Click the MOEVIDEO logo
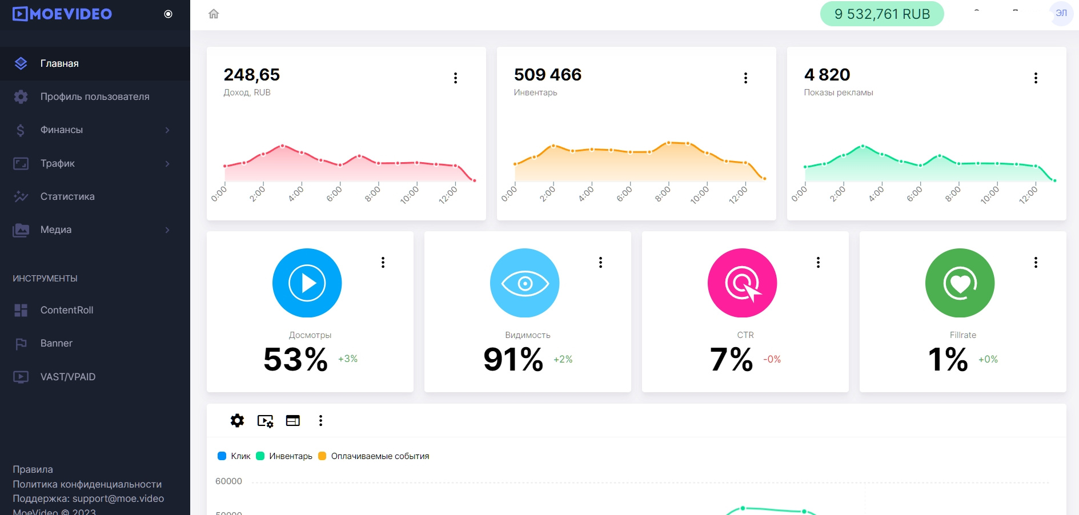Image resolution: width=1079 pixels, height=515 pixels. (x=62, y=14)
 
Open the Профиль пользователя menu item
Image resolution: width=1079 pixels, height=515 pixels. (x=94, y=96)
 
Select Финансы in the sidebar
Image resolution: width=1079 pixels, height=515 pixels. (x=62, y=130)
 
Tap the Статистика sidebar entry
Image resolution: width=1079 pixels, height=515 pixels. (x=67, y=196)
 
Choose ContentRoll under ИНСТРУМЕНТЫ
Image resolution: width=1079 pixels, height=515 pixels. (x=66, y=310)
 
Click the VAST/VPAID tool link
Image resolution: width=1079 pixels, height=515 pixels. (x=67, y=377)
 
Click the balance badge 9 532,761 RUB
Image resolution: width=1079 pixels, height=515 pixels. (x=881, y=14)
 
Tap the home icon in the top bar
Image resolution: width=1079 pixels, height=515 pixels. (x=214, y=14)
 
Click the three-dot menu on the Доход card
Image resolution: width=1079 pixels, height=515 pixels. (x=455, y=78)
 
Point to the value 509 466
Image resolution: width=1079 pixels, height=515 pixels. (x=547, y=75)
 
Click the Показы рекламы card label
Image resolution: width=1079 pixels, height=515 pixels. (x=838, y=92)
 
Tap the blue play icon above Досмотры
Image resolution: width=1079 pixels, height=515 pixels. (x=307, y=283)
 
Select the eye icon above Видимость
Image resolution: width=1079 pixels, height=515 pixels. (x=525, y=283)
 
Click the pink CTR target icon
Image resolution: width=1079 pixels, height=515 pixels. (x=742, y=283)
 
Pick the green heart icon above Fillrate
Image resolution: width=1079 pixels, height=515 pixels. (x=960, y=283)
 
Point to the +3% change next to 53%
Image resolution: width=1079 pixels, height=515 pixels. (x=347, y=359)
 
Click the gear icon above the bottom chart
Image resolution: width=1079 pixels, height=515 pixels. (x=237, y=421)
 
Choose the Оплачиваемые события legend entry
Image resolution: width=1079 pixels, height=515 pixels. (x=379, y=456)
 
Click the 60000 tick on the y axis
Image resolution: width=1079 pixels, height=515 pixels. (x=228, y=481)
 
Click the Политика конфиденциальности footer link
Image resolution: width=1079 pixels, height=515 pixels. (x=87, y=484)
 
